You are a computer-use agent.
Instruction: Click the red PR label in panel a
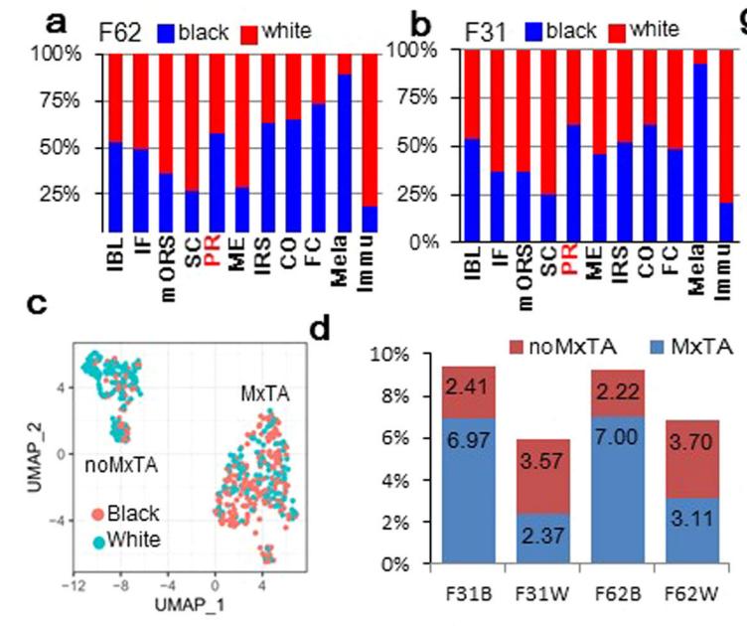tap(216, 262)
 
